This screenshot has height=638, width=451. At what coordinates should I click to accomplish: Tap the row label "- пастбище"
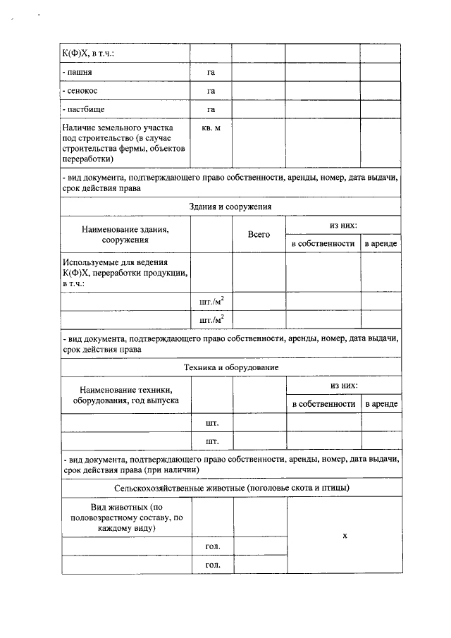(85, 109)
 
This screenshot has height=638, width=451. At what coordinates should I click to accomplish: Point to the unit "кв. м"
(211, 128)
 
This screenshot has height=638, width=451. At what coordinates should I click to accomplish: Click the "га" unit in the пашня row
(211, 73)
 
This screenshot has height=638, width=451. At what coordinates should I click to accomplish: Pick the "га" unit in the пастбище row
(211, 109)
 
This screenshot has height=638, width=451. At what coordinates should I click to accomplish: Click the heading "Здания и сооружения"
(230, 207)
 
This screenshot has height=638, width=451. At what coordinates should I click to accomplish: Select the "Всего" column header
(259, 234)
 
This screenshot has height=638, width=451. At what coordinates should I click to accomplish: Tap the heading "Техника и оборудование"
(230, 367)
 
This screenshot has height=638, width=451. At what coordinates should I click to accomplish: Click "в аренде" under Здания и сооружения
(381, 243)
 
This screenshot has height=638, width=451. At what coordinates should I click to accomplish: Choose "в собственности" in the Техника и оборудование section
(323, 404)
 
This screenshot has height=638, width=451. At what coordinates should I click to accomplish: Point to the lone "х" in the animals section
(345, 536)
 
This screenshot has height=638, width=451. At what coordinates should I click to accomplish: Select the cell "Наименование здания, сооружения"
(125, 234)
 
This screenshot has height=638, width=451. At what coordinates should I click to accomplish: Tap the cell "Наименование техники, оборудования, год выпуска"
(125, 395)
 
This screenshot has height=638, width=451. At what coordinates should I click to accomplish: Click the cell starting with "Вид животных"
(125, 517)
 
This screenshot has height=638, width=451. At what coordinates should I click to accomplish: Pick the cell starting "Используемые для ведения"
(125, 272)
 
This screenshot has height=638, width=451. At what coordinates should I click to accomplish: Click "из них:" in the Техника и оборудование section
(343, 386)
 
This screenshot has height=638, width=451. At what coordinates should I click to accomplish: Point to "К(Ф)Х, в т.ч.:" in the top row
(88, 54)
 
